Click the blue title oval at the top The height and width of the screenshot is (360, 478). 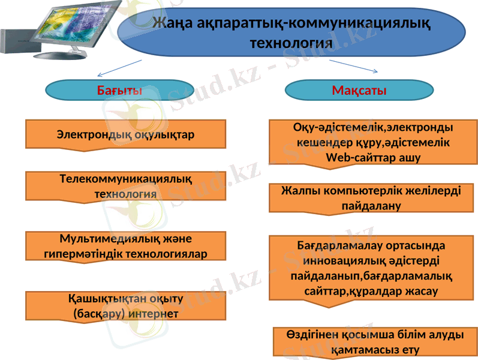[292, 33]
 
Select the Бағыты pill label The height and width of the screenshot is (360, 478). [119, 91]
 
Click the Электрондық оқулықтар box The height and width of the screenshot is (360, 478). [125, 134]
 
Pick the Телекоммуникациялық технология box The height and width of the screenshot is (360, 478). [125, 186]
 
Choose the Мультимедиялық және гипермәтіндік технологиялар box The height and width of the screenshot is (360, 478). [125, 246]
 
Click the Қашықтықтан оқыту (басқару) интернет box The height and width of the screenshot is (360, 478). [125, 306]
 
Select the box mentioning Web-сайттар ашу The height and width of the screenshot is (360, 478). [373, 143]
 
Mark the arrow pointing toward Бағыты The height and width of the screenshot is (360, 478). [120, 68]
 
